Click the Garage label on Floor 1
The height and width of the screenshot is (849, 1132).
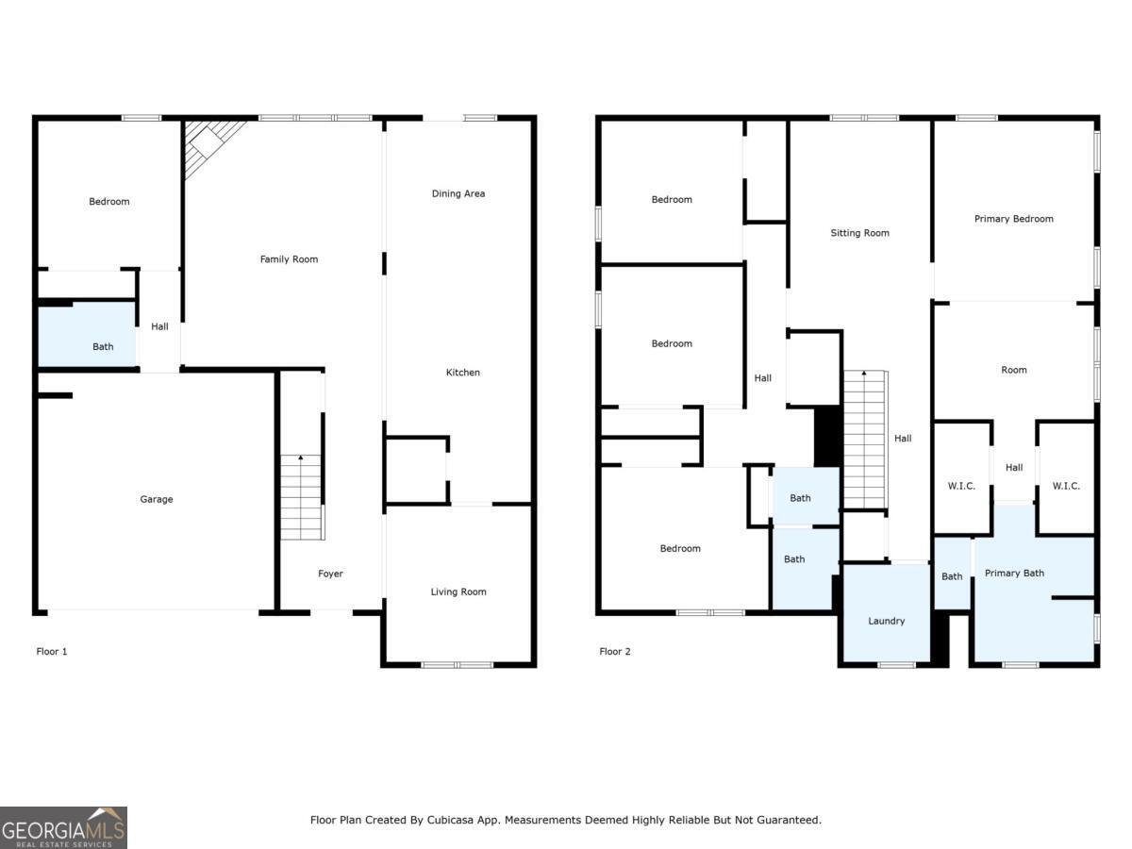click(157, 499)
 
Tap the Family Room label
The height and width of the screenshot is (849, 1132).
click(289, 259)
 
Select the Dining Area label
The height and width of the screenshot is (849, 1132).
click(458, 193)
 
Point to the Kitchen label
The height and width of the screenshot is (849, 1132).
click(462, 373)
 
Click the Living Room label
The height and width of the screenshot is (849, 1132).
click(458, 591)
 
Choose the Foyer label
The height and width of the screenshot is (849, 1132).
click(330, 574)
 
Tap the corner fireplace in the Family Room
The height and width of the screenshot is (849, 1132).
click(206, 144)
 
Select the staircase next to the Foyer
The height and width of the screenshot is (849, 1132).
click(302, 497)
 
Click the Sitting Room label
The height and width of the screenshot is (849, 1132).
click(859, 233)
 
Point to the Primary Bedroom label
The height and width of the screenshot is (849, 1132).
click(1013, 219)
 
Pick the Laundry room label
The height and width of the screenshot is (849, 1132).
click(886, 621)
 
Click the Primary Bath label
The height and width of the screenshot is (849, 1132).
click(1014, 573)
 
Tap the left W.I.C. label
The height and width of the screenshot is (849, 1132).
click(960, 486)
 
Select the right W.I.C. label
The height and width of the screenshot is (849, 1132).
click(1066, 486)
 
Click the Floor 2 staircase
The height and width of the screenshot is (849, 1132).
click(865, 439)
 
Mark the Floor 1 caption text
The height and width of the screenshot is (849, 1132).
click(52, 651)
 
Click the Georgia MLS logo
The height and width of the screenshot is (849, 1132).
click(63, 827)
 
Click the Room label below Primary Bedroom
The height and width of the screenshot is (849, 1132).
click(1014, 370)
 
